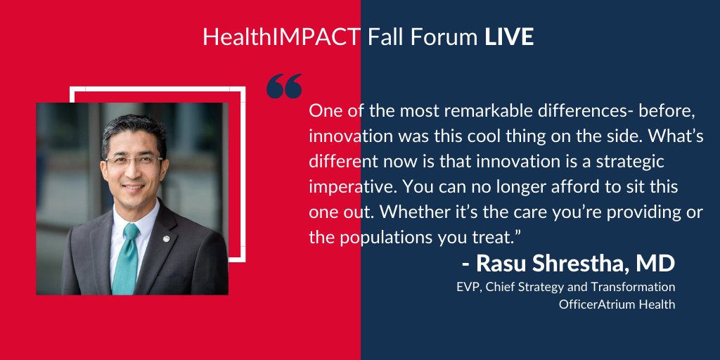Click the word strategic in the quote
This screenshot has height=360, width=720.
(630, 162)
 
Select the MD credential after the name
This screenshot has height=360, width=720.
(655, 264)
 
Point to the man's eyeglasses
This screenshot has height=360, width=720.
(134, 161)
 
